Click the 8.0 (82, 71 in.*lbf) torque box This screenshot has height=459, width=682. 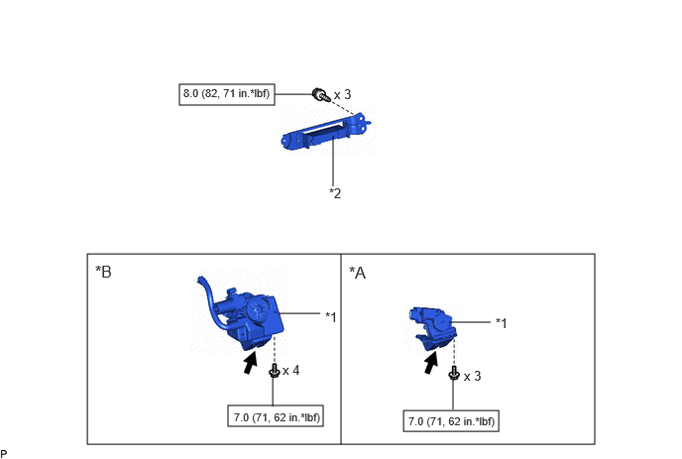pos(227,94)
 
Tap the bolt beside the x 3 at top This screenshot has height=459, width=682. pos(321,95)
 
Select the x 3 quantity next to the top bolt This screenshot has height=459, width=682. pos(343,94)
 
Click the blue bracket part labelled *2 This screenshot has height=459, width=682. pos(326,132)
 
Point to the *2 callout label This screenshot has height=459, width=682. pos(335,193)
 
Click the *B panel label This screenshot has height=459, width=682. pos(103,272)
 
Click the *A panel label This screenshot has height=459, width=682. pos(357,273)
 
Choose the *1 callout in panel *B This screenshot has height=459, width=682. pos(330,317)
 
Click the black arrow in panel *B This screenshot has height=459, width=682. pos(250,363)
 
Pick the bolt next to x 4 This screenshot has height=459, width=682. pos(274,371)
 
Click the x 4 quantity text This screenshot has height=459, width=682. pos(291,370)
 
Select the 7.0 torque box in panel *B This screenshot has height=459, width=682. pos(276,416)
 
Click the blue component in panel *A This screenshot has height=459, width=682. pos(433,327)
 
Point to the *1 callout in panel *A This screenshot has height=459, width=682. pos(501,323)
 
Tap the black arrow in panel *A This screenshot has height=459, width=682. pos(430,363)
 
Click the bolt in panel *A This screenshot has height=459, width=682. pos(454,373)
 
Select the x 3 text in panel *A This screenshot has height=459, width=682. pos(473,377)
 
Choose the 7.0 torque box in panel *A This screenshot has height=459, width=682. pos(451,421)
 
